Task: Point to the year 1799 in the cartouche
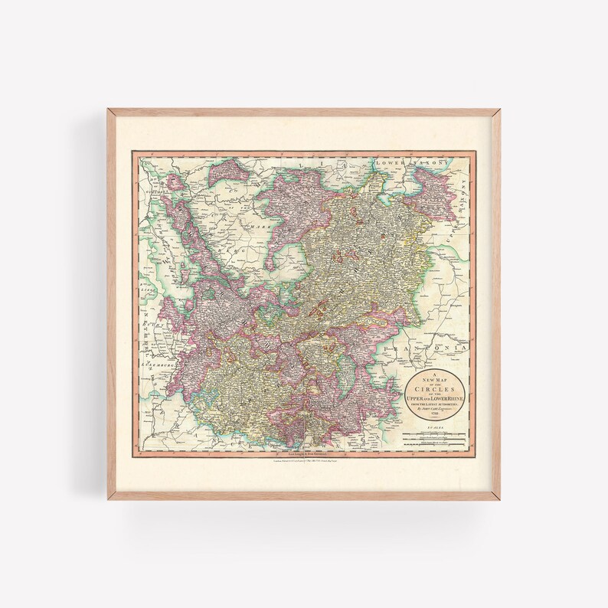pyautogui.click(x=435, y=416)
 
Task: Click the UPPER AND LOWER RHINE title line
pyautogui.click(x=435, y=397)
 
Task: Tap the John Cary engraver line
pyautogui.click(x=435, y=410)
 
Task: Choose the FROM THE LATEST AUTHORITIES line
pyautogui.click(x=435, y=404)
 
